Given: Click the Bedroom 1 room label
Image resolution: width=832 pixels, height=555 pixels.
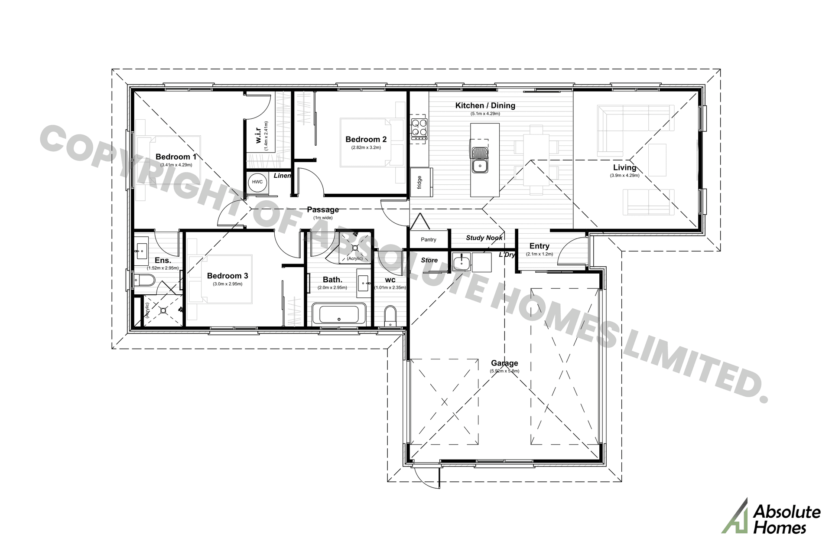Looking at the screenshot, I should tap(176, 157).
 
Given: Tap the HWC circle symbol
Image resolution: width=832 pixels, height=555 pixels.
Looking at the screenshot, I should tap(257, 182).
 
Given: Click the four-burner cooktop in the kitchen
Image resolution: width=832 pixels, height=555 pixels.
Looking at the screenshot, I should tap(419, 129).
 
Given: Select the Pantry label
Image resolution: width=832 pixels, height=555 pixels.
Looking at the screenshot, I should tap(429, 240).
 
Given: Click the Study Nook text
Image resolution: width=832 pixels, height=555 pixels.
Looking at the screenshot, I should tap(484, 238).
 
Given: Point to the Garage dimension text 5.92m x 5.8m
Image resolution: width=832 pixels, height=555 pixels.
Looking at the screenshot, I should tap(504, 371).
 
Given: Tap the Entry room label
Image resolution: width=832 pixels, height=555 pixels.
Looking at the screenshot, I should tap(539, 246).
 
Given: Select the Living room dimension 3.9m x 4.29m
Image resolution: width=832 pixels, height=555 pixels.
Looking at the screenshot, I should tap(624, 176).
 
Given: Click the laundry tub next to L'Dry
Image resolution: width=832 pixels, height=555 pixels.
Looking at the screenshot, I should tap(461, 262).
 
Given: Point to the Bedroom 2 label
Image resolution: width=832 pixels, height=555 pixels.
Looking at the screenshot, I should tap(366, 140).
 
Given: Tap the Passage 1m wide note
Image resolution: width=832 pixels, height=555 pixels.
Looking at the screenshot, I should tap(323, 218).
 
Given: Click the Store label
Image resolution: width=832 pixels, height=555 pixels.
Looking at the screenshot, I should tap(429, 260).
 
